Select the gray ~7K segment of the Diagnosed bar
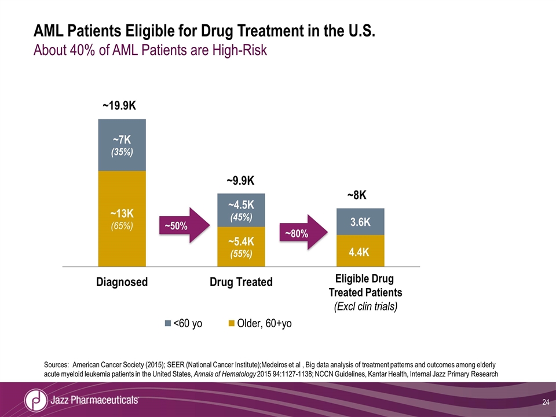122,145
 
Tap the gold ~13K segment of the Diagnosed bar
122,218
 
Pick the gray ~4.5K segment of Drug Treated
241,210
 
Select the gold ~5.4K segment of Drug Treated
241,247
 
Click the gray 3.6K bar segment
360,222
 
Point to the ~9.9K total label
241,181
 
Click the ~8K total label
357,196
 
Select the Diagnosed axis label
122,282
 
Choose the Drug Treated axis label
241,282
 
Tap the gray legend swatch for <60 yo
168,323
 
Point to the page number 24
546,403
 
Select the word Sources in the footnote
56,364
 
